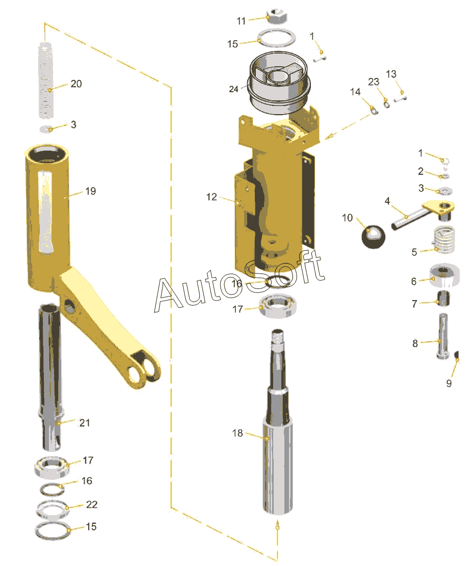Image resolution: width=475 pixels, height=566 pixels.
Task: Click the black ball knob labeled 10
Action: click(374, 237)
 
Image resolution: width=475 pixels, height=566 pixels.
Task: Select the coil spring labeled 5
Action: click(444, 239)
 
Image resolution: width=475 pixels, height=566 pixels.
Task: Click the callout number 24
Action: click(234, 89)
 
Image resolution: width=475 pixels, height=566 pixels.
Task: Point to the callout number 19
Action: click(91, 191)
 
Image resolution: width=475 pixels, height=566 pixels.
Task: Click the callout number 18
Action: click(237, 433)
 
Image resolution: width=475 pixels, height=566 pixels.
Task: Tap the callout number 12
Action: click(212, 197)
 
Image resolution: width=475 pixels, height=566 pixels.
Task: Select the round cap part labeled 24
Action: click(279, 83)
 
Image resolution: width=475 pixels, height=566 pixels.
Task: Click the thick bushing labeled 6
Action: click(444, 275)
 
